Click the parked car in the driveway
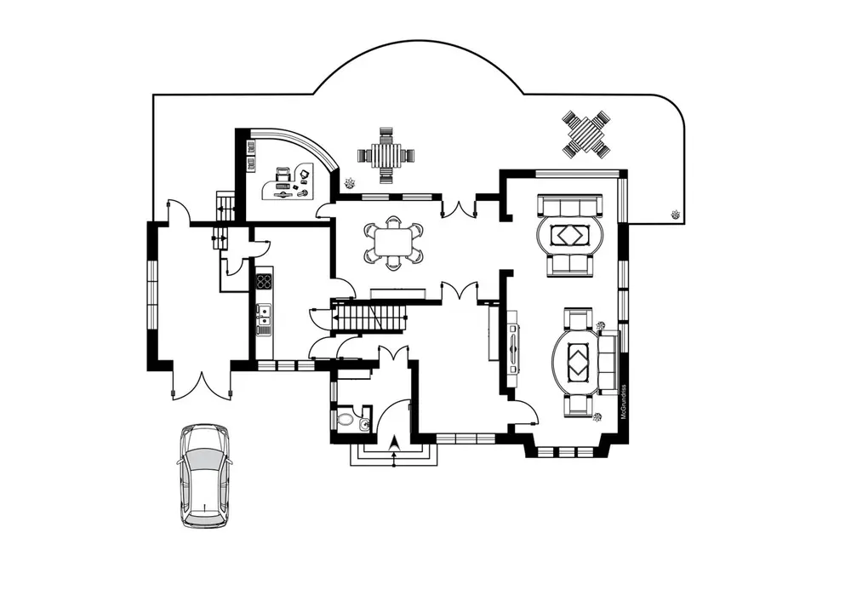(x=204, y=476)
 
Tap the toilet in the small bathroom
(x=346, y=418)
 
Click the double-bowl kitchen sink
(x=264, y=316)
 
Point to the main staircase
(x=370, y=318)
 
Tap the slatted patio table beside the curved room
(x=386, y=156)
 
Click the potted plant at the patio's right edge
(x=675, y=214)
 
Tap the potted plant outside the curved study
(x=349, y=181)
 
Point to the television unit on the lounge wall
(x=513, y=347)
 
